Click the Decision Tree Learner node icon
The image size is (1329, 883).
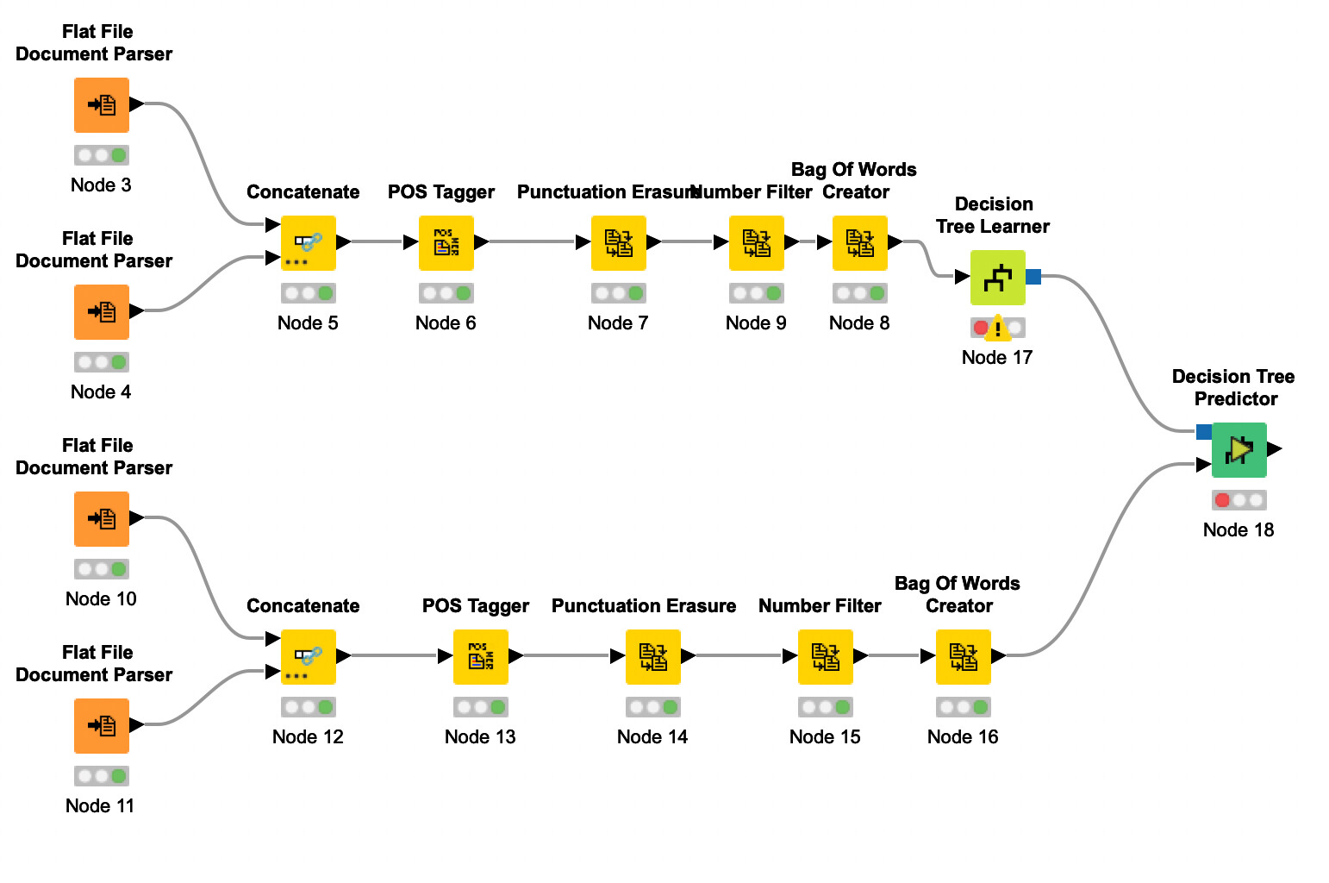[x=997, y=278]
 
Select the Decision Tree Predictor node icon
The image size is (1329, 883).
[x=1239, y=450]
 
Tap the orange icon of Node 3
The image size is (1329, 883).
[x=102, y=105]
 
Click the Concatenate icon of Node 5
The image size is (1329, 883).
[x=308, y=243]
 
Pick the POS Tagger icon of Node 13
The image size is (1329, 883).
[x=480, y=657]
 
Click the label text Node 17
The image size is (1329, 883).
[x=996, y=357]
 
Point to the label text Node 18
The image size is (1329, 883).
[x=1238, y=529]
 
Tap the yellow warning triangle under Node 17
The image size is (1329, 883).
[x=997, y=328]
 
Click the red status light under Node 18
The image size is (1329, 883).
[x=1222, y=500]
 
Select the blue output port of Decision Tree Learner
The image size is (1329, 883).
[x=1033, y=277]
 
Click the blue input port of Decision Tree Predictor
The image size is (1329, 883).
[x=1204, y=432]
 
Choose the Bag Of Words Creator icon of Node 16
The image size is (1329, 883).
[x=963, y=657]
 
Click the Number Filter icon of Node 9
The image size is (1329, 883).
[x=756, y=243]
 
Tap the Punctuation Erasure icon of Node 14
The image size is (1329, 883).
[x=652, y=657]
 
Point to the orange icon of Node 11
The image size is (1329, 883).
[x=102, y=726]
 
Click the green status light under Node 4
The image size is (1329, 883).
[x=119, y=362]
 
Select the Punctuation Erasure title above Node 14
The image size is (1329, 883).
[x=643, y=605]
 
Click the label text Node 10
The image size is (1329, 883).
[x=101, y=598]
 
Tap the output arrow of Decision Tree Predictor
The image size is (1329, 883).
[x=1275, y=449]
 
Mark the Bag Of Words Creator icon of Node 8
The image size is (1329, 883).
[x=859, y=243]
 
